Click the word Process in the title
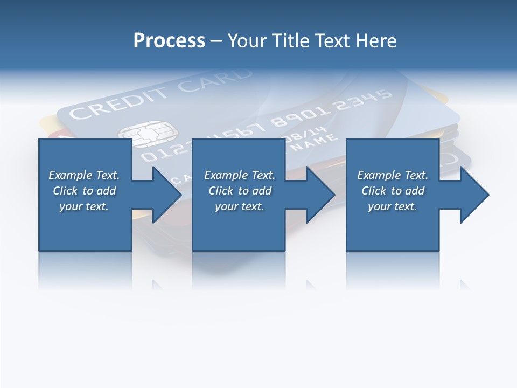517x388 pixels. pyautogui.click(x=169, y=41)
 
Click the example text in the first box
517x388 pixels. pyautogui.click(x=84, y=191)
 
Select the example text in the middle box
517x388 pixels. pyautogui.click(x=240, y=191)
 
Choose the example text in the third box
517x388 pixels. pyautogui.click(x=393, y=191)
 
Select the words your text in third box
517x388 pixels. pyautogui.click(x=393, y=206)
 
